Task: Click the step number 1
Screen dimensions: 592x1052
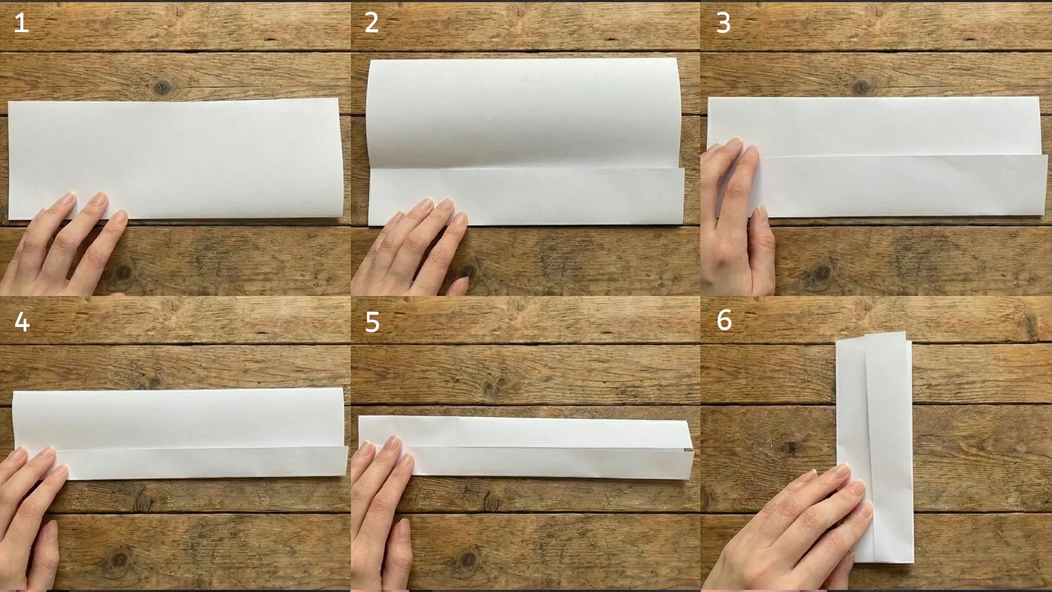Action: pos(21,24)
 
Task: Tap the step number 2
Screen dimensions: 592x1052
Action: pos(371,24)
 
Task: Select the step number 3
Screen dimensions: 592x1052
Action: pos(723,24)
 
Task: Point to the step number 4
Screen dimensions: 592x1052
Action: pos(22,322)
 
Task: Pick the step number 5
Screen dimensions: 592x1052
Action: pos(372,322)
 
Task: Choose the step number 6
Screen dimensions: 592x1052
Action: pos(724,320)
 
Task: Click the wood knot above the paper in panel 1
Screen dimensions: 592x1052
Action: pos(160,87)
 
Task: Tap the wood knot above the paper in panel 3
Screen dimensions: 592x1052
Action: pos(862,86)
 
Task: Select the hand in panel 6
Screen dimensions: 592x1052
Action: pos(789,526)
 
